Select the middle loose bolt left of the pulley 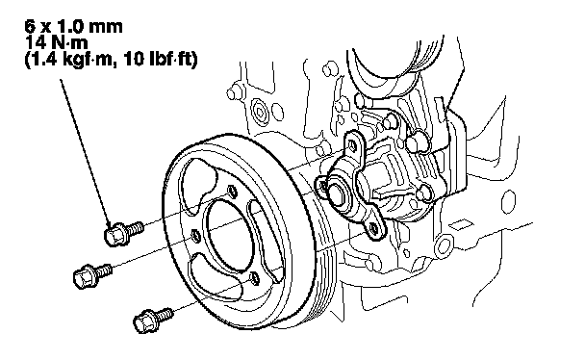(92, 275)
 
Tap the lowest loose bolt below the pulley (153, 320)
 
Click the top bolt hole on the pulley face (232, 192)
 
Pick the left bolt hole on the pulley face (196, 236)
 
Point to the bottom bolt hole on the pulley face (254, 278)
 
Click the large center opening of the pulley (228, 235)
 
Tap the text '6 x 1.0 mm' (73, 27)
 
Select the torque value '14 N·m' (57, 43)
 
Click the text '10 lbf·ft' (160, 59)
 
